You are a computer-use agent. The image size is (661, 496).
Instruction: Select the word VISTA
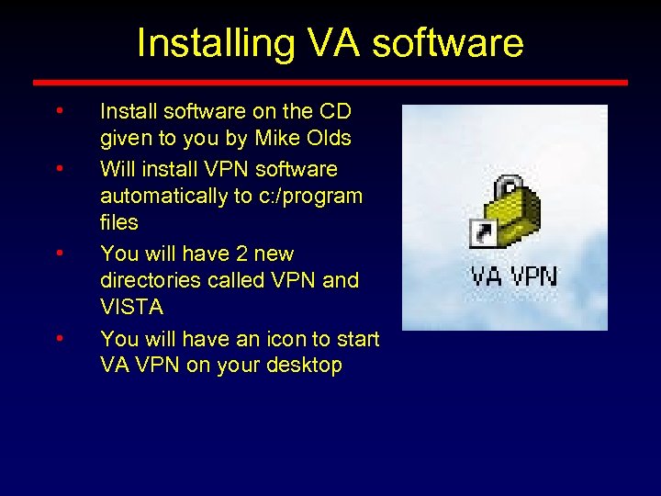(x=131, y=306)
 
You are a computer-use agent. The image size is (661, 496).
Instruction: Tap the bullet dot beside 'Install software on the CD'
(x=59, y=112)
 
